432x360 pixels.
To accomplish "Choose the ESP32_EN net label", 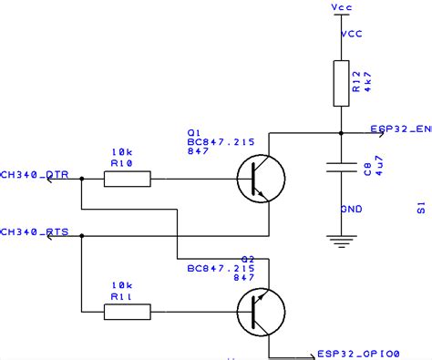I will pyautogui.click(x=400, y=129).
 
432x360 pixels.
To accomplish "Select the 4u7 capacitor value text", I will pyautogui.click(x=378, y=170).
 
